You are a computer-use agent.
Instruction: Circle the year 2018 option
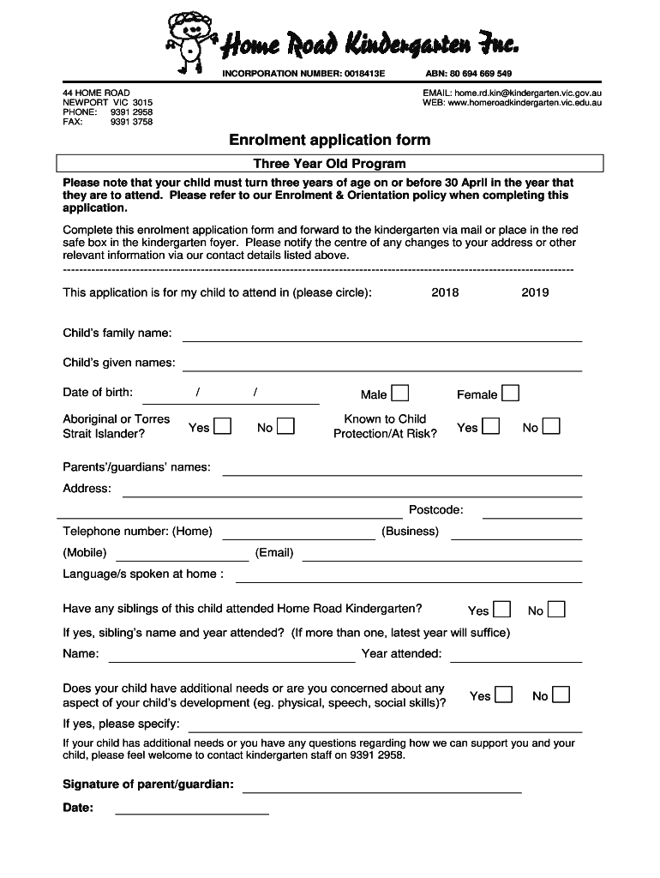pyautogui.click(x=445, y=292)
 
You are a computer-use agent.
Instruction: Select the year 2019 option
pyautogui.click(x=535, y=292)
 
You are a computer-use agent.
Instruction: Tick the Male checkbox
pyautogui.click(x=400, y=394)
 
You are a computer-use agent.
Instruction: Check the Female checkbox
pyautogui.click(x=510, y=394)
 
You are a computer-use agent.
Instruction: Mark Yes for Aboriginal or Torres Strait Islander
pyautogui.click(x=222, y=426)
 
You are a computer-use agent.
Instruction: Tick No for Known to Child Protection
pyautogui.click(x=551, y=426)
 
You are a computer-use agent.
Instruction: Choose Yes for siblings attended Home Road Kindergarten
pyautogui.click(x=502, y=610)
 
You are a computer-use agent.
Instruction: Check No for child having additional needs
pyautogui.click(x=561, y=695)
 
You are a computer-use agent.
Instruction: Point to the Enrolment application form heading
pyautogui.click(x=329, y=140)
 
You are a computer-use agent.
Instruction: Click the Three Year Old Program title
pyautogui.click(x=329, y=163)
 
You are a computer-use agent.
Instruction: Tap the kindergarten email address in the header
pyautogui.click(x=528, y=93)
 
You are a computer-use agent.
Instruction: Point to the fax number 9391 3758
pyautogui.click(x=131, y=122)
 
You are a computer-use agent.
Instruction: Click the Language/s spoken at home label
pyautogui.click(x=143, y=574)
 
